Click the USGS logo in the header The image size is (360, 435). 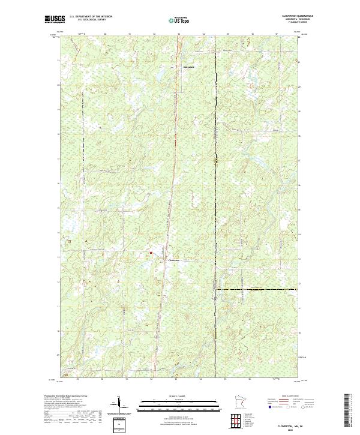tap(55, 19)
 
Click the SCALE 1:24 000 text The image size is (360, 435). tap(172, 396)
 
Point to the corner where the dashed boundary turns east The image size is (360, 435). tap(216, 290)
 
